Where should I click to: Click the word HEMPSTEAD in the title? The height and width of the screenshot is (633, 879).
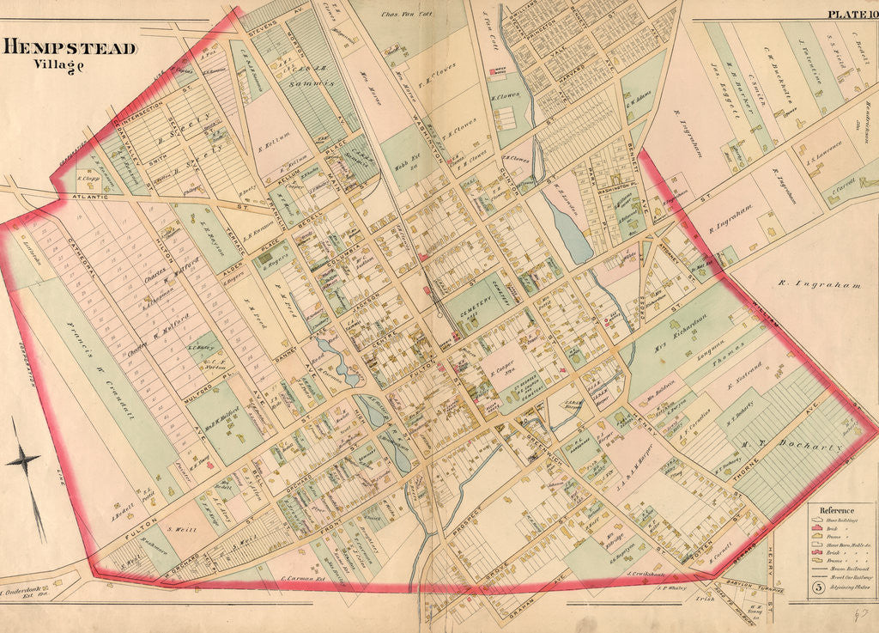point(70,48)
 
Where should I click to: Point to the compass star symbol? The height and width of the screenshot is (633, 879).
point(23,460)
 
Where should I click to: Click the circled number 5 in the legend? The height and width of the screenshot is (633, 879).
point(818,587)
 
